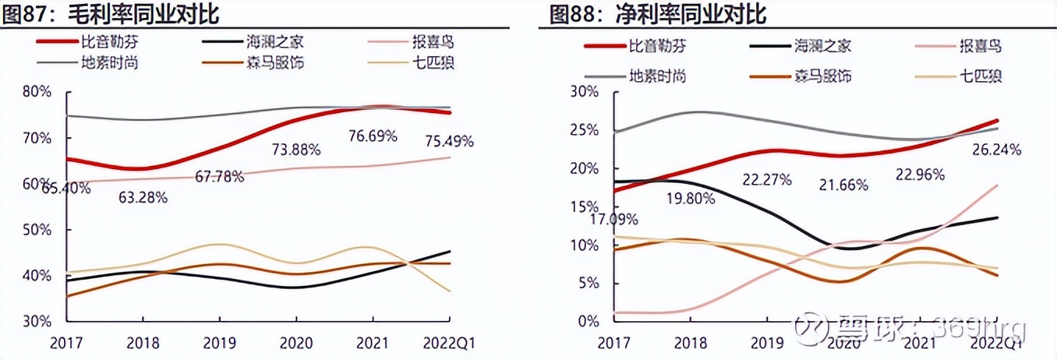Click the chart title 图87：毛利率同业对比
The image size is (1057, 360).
point(110,13)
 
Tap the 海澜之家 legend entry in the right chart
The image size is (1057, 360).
point(822,46)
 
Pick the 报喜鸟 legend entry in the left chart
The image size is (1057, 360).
point(426,43)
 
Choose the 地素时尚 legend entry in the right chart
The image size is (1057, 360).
point(657,76)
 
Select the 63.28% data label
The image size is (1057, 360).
point(143,197)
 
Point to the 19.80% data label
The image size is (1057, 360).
point(691,198)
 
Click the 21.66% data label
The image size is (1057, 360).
point(843,185)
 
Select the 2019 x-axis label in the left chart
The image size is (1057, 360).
point(219,344)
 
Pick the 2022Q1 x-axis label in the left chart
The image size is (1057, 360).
point(447,344)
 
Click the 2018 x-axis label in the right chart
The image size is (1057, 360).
point(690,344)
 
